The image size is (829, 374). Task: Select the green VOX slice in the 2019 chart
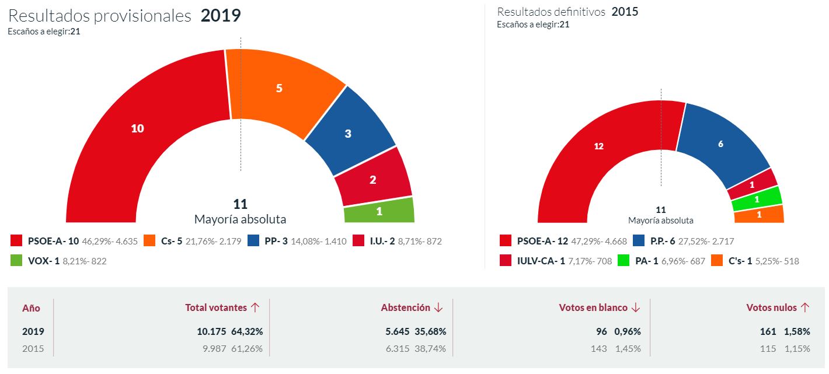click(x=379, y=211)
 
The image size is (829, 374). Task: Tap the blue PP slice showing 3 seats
click(x=349, y=134)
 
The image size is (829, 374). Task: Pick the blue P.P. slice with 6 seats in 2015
click(x=720, y=144)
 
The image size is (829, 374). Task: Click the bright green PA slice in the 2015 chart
click(x=757, y=200)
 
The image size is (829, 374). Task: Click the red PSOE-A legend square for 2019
click(x=17, y=240)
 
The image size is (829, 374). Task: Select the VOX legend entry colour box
click(x=17, y=261)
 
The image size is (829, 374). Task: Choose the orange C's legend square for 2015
click(x=717, y=261)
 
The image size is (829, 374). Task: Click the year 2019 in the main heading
click(x=221, y=16)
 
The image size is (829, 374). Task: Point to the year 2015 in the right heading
click(x=625, y=12)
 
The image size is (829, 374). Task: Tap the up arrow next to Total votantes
click(x=255, y=307)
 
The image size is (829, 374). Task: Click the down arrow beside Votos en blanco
click(x=636, y=307)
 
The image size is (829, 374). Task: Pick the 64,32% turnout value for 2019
click(x=247, y=331)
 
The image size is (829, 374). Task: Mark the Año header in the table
click(x=31, y=308)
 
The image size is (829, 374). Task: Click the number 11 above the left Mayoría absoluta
click(x=240, y=204)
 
